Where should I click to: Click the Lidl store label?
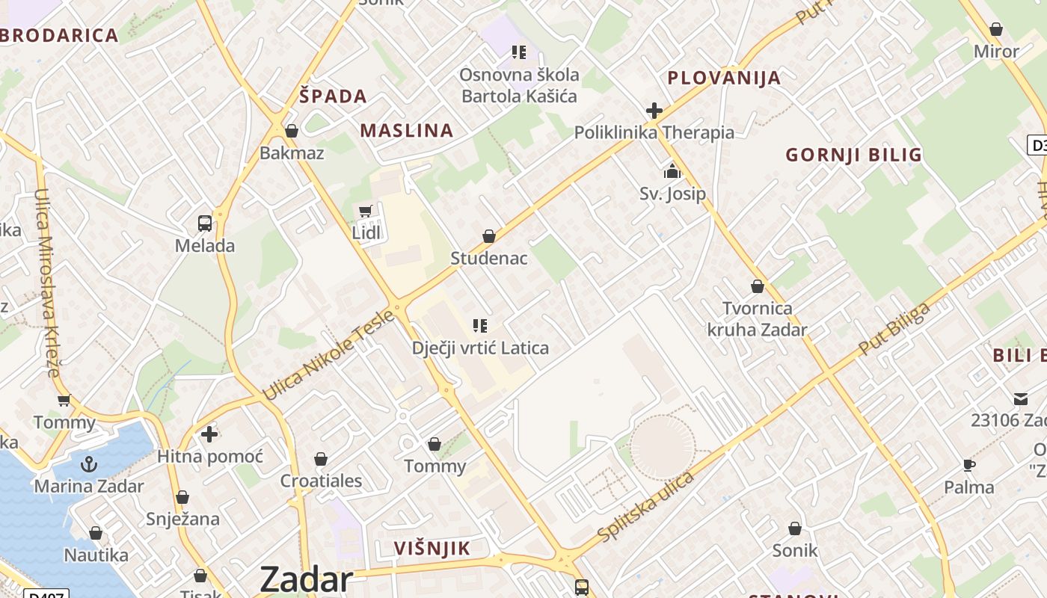click(x=366, y=232)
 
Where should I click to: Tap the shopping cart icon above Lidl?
click(x=366, y=212)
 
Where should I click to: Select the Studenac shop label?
click(x=488, y=259)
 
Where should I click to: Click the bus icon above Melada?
click(x=204, y=224)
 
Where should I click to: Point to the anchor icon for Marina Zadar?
click(x=89, y=464)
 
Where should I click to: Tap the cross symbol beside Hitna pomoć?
click(x=209, y=434)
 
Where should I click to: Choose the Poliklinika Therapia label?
click(x=654, y=133)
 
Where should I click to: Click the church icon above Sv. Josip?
click(x=672, y=172)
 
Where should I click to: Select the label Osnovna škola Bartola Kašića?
click(x=519, y=85)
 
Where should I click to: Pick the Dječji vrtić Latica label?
click(x=480, y=348)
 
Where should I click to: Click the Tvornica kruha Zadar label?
click(x=757, y=319)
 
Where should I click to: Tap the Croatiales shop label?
click(x=321, y=481)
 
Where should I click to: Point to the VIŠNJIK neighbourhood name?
click(x=432, y=549)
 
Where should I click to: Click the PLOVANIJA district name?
click(x=723, y=78)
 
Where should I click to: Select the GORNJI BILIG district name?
click(x=853, y=155)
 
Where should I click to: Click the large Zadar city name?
click(x=306, y=580)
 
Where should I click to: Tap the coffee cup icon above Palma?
click(x=969, y=466)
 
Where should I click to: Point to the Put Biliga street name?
click(x=894, y=329)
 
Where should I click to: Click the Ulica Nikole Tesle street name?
click(x=328, y=355)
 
